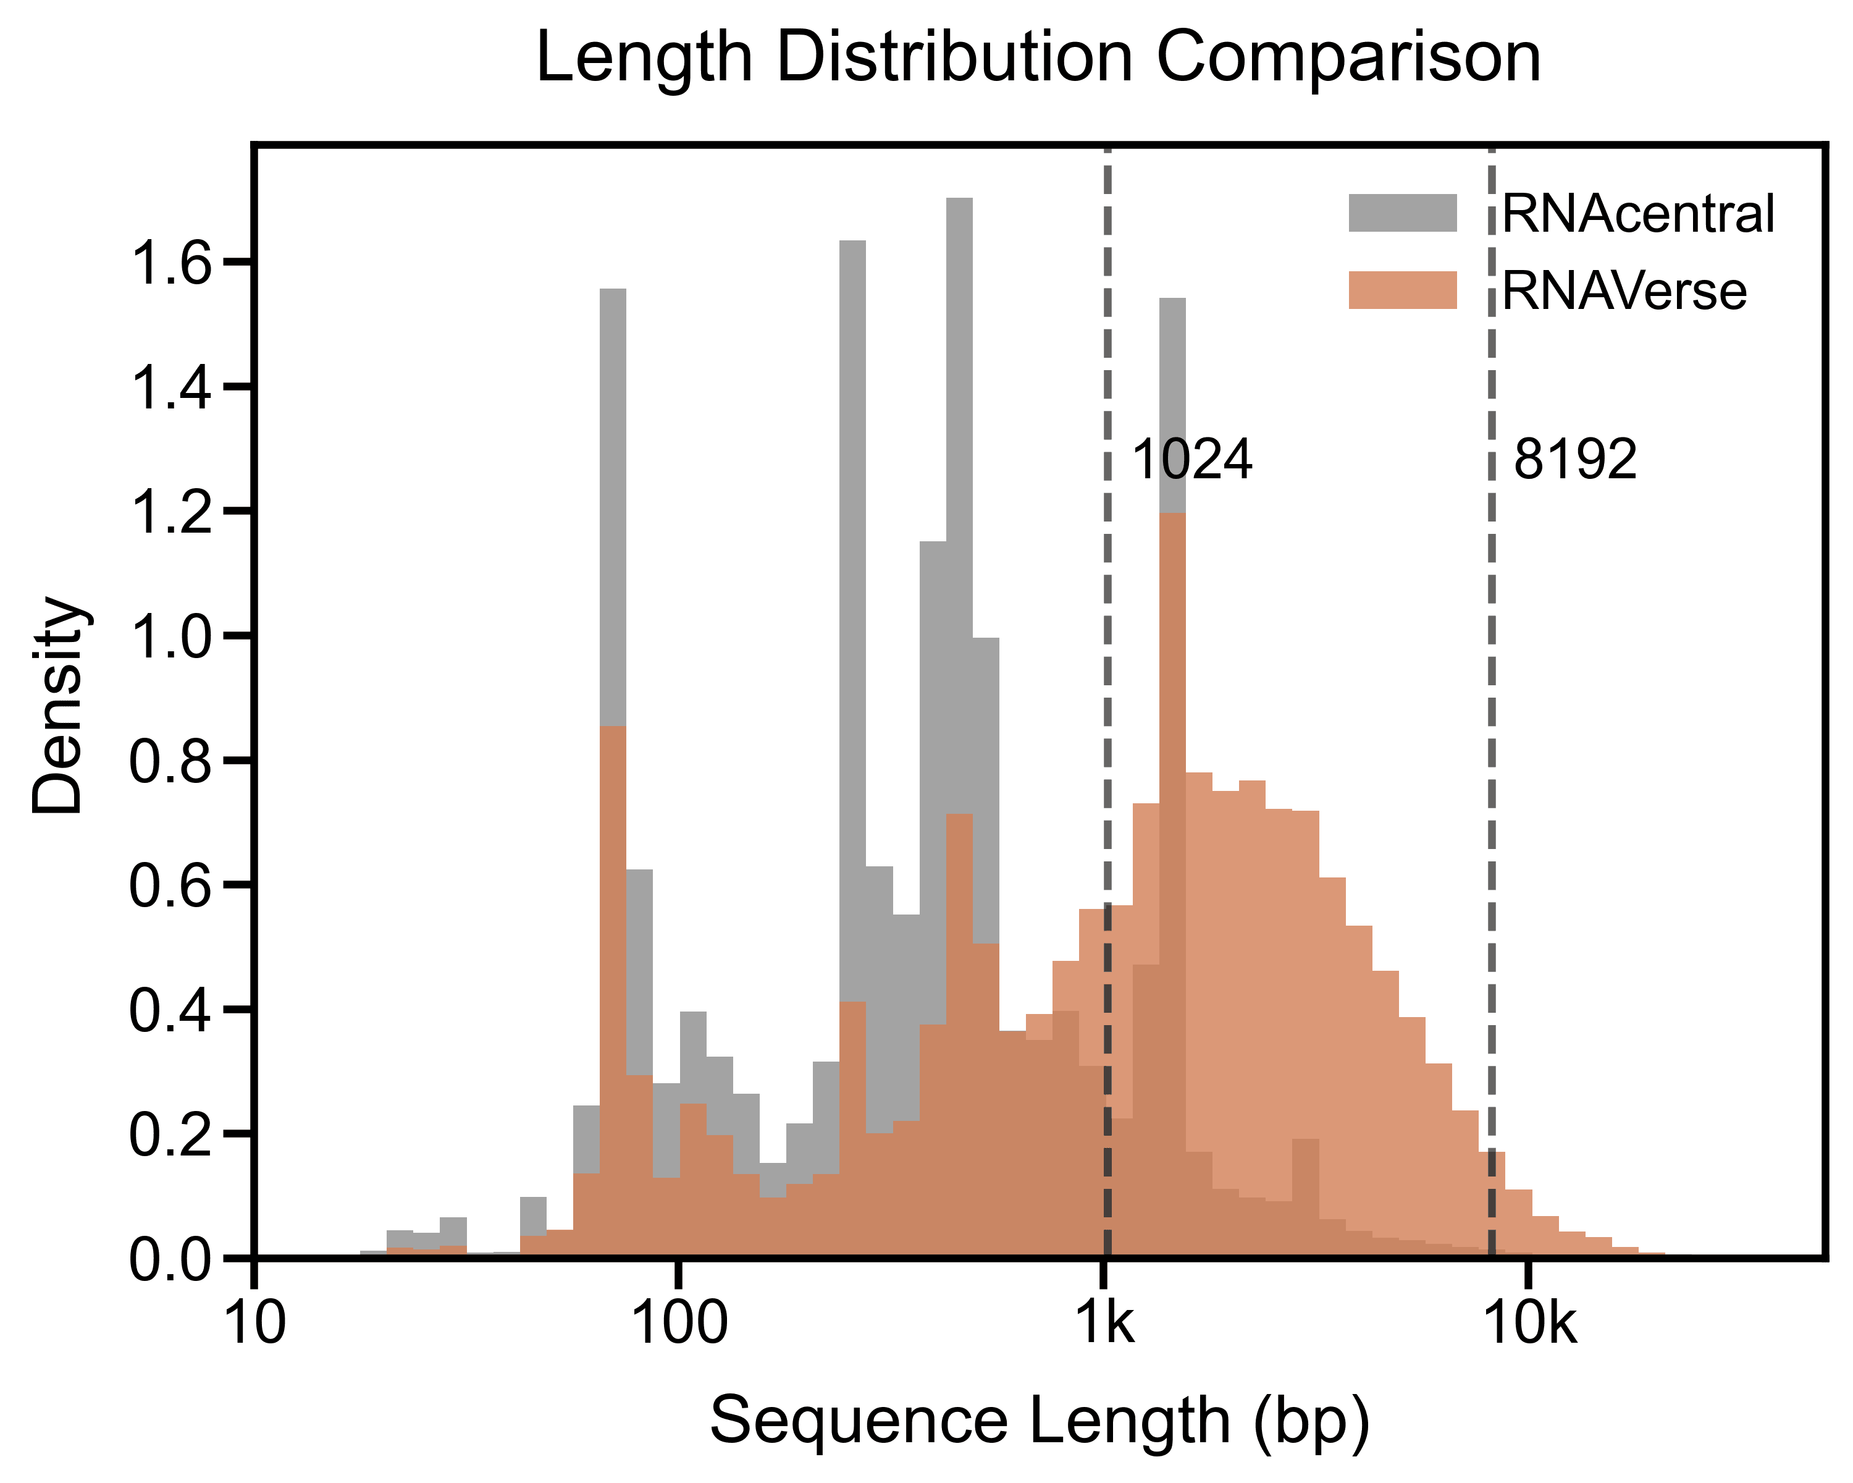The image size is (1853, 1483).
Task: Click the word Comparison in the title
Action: coord(1348,59)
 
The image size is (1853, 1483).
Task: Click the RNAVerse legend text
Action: coord(1624,290)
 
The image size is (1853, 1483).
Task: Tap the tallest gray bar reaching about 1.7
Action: coord(959,516)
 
